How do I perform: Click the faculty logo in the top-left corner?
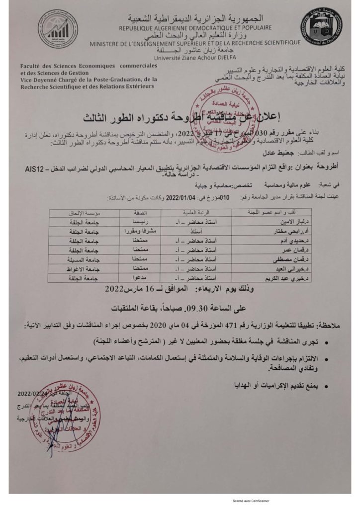click(x=59, y=28)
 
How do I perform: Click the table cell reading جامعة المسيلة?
click(x=79, y=259)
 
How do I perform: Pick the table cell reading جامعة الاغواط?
click(x=79, y=268)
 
